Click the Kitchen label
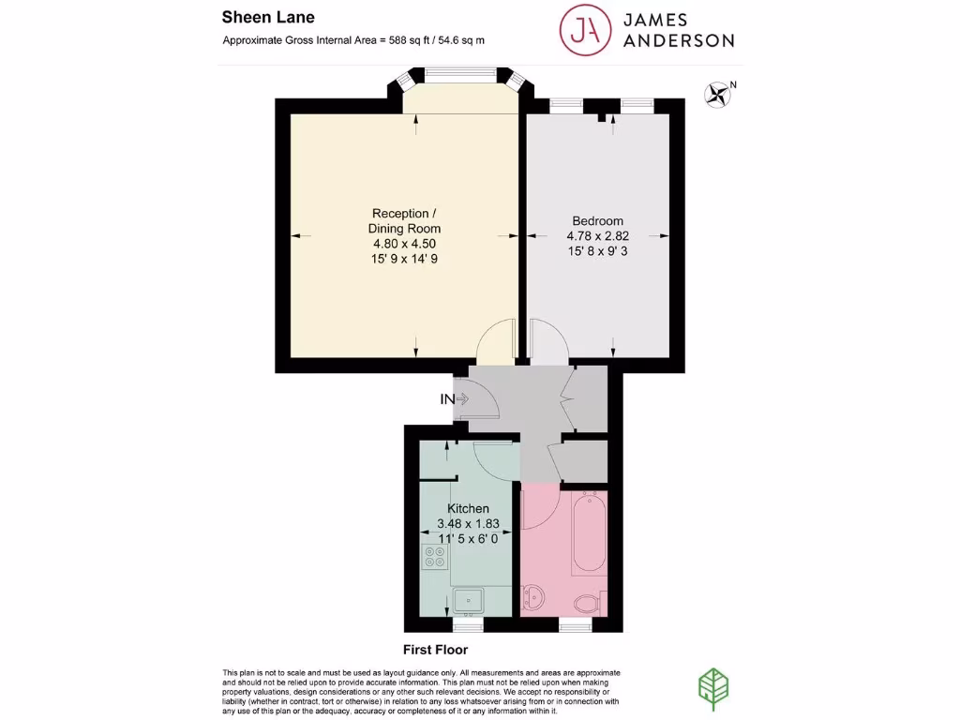click(467, 508)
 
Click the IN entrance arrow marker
click(455, 399)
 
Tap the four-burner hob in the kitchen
click(435, 558)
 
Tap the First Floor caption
click(435, 650)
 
